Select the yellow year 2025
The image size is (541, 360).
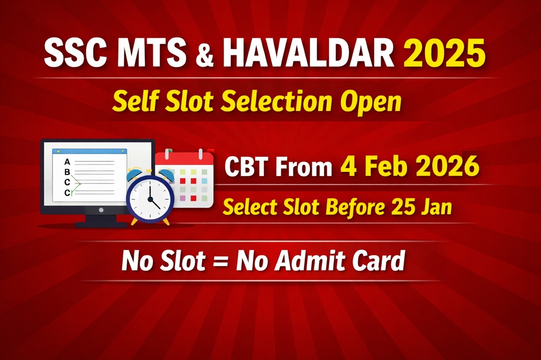click(445, 54)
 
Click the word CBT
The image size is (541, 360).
click(249, 167)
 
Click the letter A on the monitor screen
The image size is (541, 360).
click(67, 162)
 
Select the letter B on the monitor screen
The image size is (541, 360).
click(67, 172)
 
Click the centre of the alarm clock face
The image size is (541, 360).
click(150, 198)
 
